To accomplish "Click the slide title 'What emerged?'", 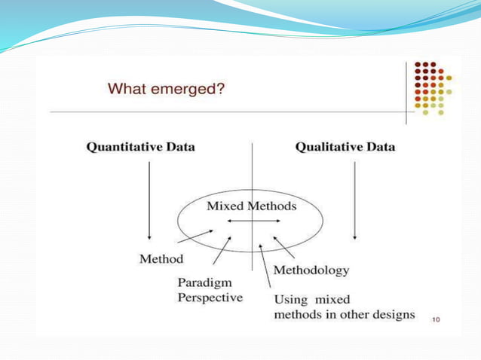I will tap(167, 89).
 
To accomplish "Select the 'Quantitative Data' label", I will tap(141, 147).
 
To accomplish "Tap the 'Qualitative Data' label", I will tap(345, 147).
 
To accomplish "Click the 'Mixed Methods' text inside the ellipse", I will tap(252, 206).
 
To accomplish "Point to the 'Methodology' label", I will tap(311, 269).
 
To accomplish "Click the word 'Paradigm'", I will tap(203, 283).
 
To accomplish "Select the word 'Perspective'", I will tap(210, 297).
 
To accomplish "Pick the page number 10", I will tap(436, 320).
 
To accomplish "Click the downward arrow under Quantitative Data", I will tap(149, 199).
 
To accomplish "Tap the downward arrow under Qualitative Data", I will tap(354, 199).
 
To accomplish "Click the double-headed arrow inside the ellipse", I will tap(253, 221).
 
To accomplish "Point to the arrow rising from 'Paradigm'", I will tap(221, 252).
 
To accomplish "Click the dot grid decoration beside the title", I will tap(432, 88).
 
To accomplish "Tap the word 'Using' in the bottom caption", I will tap(289, 300).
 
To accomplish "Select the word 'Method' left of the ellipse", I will tap(161, 258).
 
